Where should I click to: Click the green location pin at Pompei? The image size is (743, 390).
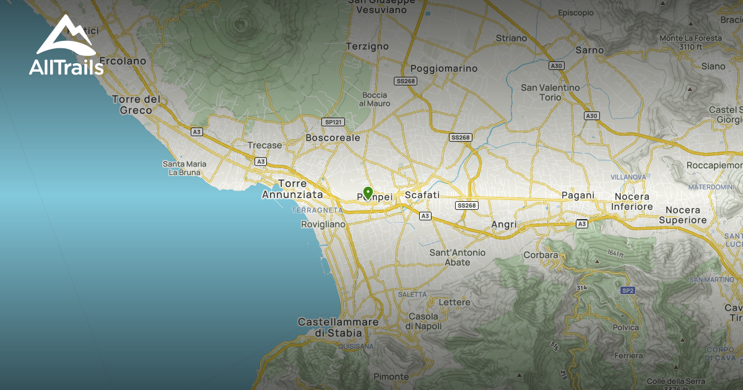point(367,193)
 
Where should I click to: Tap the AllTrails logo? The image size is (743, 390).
point(66,46)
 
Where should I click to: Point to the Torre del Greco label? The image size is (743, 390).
point(136,105)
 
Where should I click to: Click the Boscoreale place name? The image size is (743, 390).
point(333,137)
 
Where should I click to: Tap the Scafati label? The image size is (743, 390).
point(422,195)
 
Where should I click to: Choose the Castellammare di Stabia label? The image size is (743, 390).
point(338,327)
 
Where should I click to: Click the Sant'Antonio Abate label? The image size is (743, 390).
point(458,257)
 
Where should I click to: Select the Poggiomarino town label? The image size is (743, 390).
point(444,68)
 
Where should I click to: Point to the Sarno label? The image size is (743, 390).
point(589,50)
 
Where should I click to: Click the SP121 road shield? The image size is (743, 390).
point(333,122)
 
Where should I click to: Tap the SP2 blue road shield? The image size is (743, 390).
point(627,290)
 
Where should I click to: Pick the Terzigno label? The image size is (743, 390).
point(367,46)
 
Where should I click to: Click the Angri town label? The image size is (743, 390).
point(504,223)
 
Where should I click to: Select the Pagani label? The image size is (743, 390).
point(578,196)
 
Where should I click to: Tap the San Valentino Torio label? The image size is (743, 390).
point(550,92)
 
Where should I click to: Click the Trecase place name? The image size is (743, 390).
point(264,145)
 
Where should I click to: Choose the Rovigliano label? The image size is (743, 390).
point(323,224)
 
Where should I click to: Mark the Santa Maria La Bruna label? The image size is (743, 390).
point(185,168)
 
